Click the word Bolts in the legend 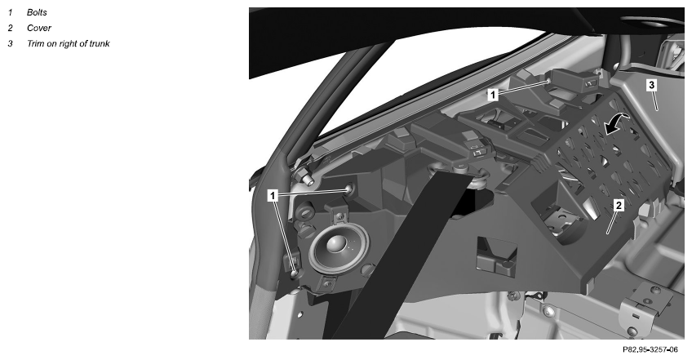pyautogui.click(x=37, y=12)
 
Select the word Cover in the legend pyautogui.click(x=39, y=28)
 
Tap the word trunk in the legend pyautogui.click(x=100, y=43)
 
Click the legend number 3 pyautogui.click(x=10, y=43)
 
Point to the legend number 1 pyautogui.click(x=10, y=12)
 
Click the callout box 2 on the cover pyautogui.click(x=619, y=205)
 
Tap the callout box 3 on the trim pyautogui.click(x=652, y=84)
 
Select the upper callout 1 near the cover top pyautogui.click(x=493, y=94)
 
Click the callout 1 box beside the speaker pyautogui.click(x=273, y=195)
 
